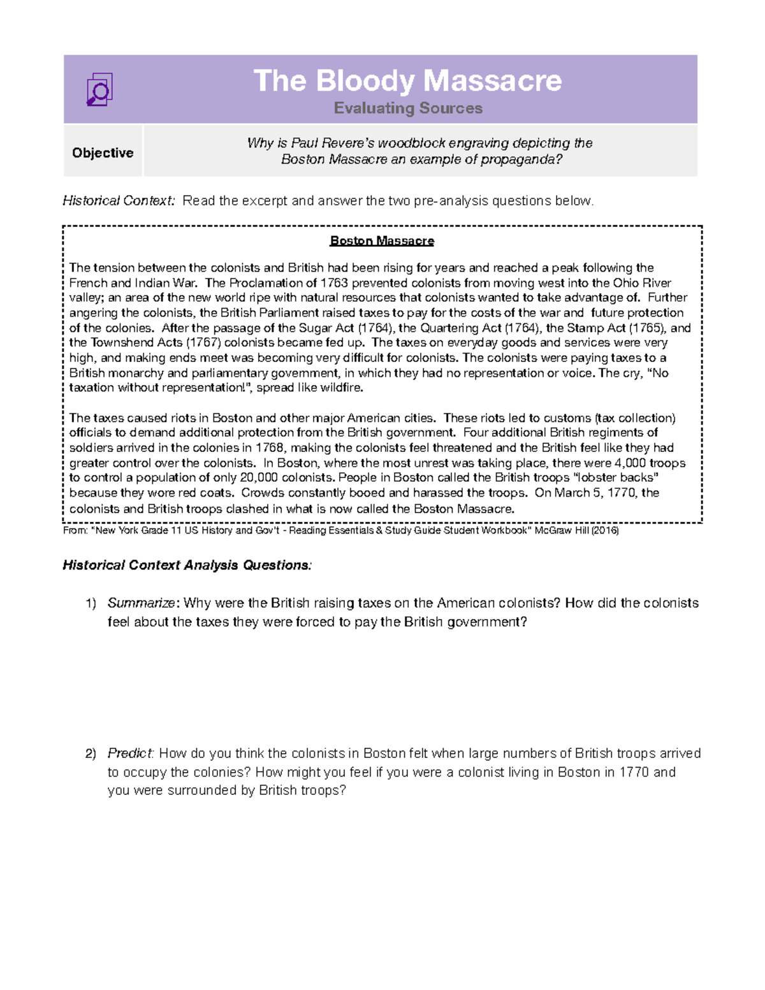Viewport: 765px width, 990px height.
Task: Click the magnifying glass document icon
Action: pos(99,89)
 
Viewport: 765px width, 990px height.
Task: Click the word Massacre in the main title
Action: pos(492,81)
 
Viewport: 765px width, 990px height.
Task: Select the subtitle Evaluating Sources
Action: pos(408,108)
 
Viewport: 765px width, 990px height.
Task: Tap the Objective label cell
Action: pos(103,153)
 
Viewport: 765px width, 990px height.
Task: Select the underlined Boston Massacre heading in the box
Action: pos(382,241)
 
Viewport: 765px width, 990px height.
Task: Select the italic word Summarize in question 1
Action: pos(142,603)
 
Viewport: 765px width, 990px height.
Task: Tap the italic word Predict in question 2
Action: pos(130,753)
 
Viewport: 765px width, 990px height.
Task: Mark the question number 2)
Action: pos(91,753)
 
